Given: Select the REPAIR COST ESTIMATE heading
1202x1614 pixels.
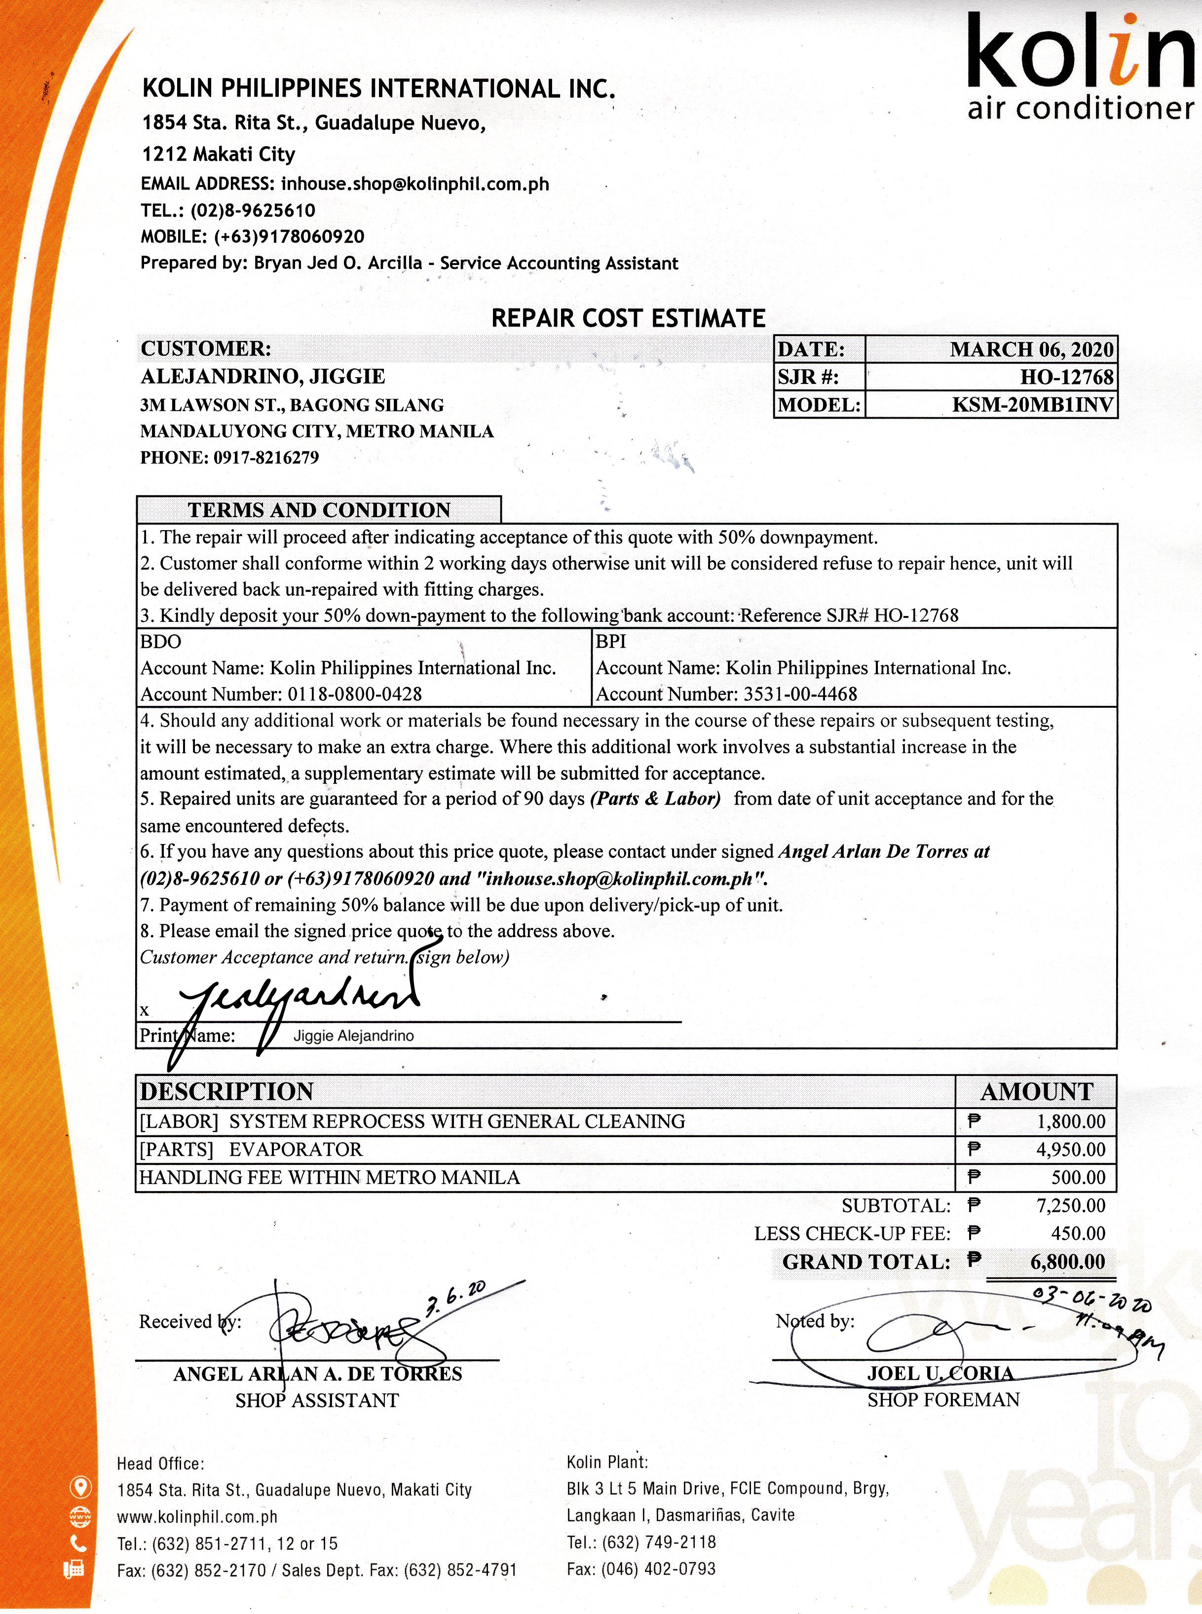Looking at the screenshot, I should tap(628, 318).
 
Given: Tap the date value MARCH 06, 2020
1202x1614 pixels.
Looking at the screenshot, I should tap(1031, 349).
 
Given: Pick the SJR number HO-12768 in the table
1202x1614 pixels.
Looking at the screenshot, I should tap(1066, 377).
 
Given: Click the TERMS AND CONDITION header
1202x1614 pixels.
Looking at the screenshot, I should tap(319, 509).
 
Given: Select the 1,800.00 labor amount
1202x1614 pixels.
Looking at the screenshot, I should tap(1070, 1121).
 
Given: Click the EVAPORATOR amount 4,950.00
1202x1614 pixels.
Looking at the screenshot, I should tap(1070, 1149).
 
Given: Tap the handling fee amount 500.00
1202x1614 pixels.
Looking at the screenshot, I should tap(1078, 1177).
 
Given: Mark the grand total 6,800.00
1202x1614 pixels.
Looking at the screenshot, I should tap(1067, 1261).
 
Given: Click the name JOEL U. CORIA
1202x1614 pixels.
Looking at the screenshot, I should tap(939, 1373).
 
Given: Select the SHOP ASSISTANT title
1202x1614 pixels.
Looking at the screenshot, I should tap(317, 1400).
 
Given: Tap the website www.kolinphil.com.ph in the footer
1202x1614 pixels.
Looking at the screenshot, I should tap(197, 1517).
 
